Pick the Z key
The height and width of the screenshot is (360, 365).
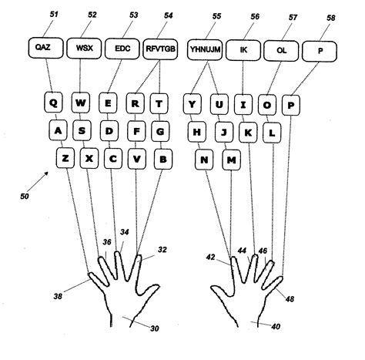click(x=66, y=159)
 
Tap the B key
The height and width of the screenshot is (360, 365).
click(x=162, y=160)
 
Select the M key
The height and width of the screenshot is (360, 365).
click(x=231, y=160)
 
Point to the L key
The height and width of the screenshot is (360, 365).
click(x=272, y=132)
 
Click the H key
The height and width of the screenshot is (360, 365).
click(x=196, y=132)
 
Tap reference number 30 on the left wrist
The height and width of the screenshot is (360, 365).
click(x=154, y=328)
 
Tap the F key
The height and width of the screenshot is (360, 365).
click(x=136, y=131)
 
